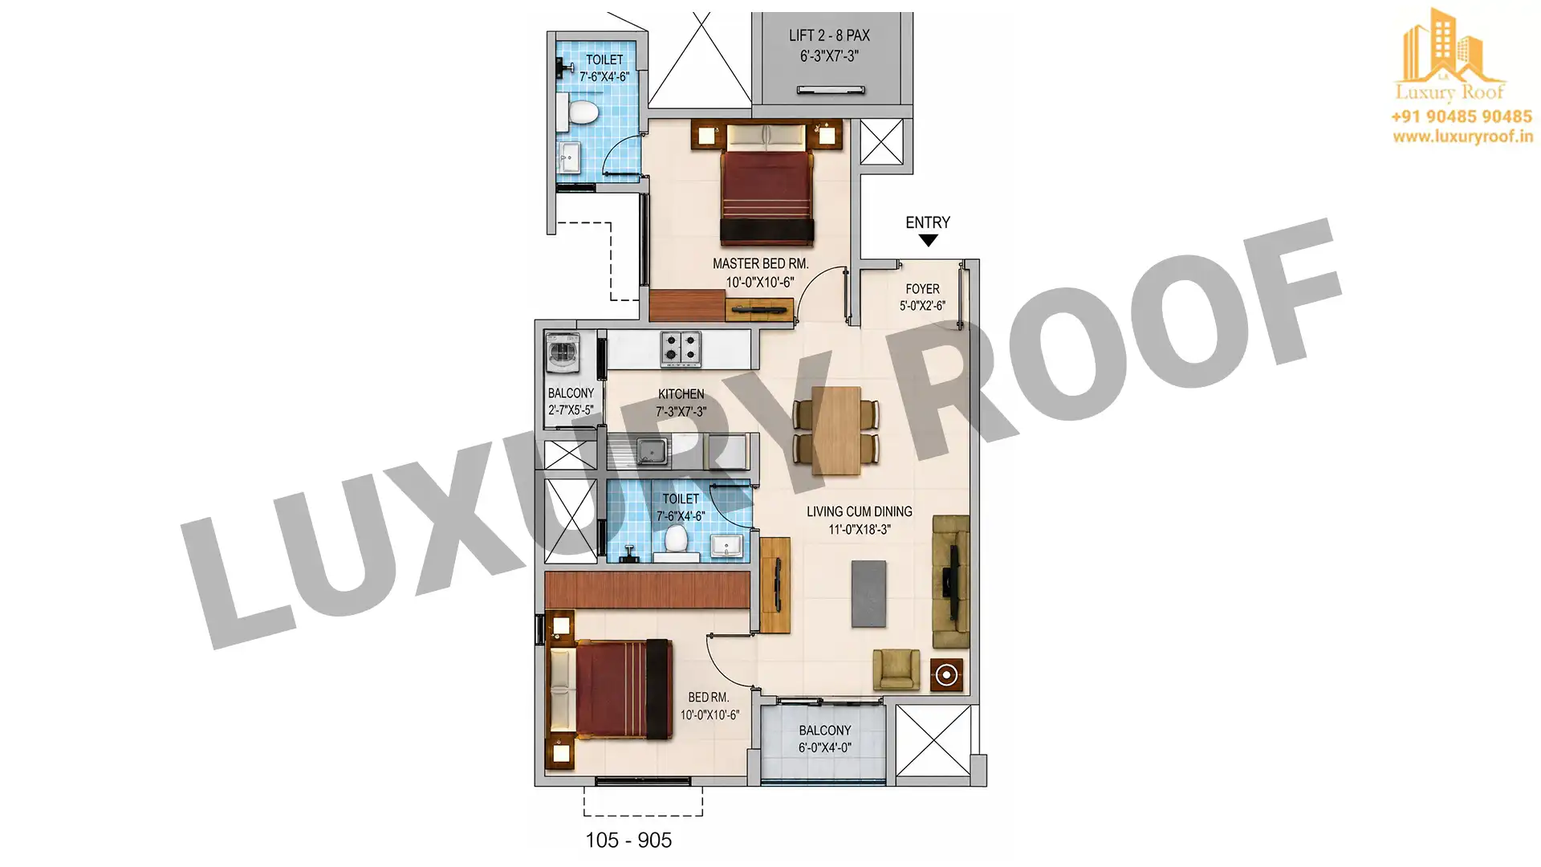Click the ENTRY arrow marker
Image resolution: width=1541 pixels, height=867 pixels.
click(x=928, y=241)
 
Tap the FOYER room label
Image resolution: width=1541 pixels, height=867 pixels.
click(x=922, y=289)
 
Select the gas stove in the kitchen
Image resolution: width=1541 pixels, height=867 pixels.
click(x=680, y=349)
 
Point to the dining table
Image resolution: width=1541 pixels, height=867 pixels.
click(x=836, y=431)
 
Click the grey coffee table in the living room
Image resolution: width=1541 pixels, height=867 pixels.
click(x=869, y=593)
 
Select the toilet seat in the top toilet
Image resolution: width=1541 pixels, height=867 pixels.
click(x=582, y=111)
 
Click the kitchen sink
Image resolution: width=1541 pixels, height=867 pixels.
click(x=652, y=451)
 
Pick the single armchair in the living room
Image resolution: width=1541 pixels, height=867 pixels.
click(x=896, y=669)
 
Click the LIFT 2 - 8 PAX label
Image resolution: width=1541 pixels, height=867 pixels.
click(x=829, y=35)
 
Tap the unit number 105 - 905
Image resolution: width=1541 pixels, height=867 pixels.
click(x=628, y=840)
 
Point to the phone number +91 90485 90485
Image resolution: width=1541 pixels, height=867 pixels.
click(x=1462, y=116)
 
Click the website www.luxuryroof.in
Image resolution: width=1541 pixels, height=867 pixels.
click(x=1462, y=137)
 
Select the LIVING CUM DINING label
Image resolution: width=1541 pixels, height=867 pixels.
click(x=860, y=511)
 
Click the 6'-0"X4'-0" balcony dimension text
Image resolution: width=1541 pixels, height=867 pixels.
click(x=825, y=748)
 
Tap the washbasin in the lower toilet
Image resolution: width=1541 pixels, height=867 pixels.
click(x=728, y=547)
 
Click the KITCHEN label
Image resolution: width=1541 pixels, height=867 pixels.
click(x=681, y=394)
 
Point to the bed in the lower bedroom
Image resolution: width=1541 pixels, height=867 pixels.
click(x=610, y=689)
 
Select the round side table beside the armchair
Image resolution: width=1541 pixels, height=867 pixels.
click(x=947, y=675)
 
